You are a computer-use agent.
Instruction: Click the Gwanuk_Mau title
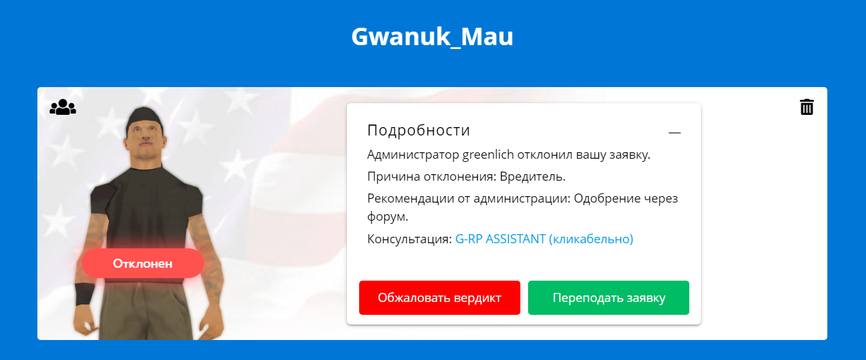click(x=432, y=37)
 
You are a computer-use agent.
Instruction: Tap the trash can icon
click(x=807, y=107)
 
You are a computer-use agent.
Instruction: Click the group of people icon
click(x=63, y=107)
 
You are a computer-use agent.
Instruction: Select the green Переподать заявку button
click(x=609, y=298)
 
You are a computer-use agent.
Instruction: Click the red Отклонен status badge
click(x=143, y=263)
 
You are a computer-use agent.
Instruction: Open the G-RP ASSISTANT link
click(x=544, y=239)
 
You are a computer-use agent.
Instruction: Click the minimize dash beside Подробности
click(x=674, y=133)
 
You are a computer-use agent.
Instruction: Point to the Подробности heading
click(x=418, y=130)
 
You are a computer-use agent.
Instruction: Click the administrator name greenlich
click(x=488, y=155)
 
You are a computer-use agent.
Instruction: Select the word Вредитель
click(x=533, y=177)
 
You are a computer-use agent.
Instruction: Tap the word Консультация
click(x=409, y=239)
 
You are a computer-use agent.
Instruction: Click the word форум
click(x=388, y=217)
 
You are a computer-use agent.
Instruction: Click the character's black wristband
click(x=84, y=294)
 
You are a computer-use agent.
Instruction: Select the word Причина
click(x=393, y=177)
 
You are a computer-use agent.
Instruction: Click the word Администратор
click(x=413, y=155)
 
